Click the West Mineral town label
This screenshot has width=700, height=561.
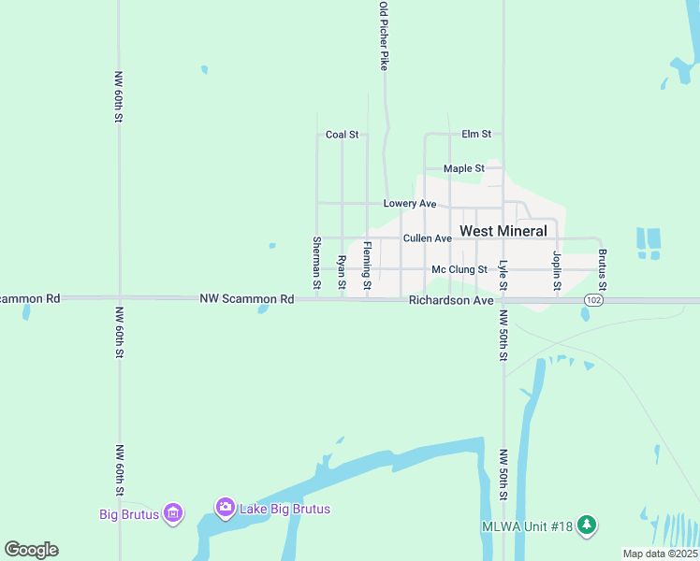point(503,231)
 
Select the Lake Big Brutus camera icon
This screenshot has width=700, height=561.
point(225,508)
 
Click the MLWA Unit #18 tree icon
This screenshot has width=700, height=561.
point(587,525)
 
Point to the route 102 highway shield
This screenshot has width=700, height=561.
point(592,299)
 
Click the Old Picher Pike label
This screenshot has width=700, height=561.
point(384,36)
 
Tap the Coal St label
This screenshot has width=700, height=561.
point(342,135)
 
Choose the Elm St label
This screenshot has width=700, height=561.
point(476,135)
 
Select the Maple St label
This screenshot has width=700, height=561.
point(463,168)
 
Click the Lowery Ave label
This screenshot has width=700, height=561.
point(410,203)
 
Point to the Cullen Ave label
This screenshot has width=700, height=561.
point(428,238)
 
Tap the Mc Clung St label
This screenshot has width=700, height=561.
point(459,269)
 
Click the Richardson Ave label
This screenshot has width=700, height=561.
point(451,301)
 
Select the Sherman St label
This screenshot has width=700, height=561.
point(316,262)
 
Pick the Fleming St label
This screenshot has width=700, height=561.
point(368,265)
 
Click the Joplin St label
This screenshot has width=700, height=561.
point(557,270)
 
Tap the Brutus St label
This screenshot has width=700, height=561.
point(603,268)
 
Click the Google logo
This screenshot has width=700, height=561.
point(31,550)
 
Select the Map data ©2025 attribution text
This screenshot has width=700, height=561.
point(659,554)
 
